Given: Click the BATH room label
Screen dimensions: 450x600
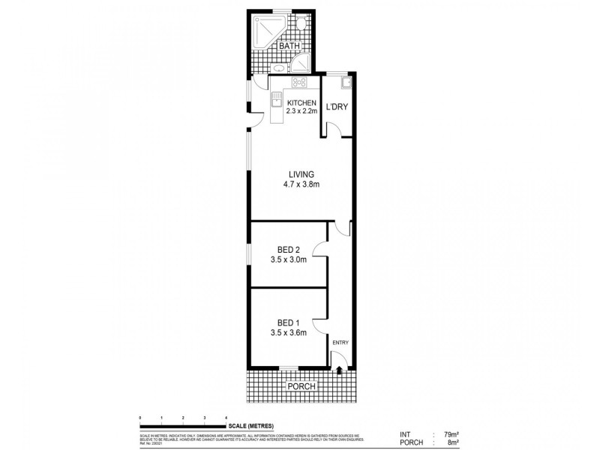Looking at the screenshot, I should (289, 46).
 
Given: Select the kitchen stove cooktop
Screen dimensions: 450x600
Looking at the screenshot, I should (298, 82).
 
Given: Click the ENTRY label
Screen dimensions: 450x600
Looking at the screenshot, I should (341, 343).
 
